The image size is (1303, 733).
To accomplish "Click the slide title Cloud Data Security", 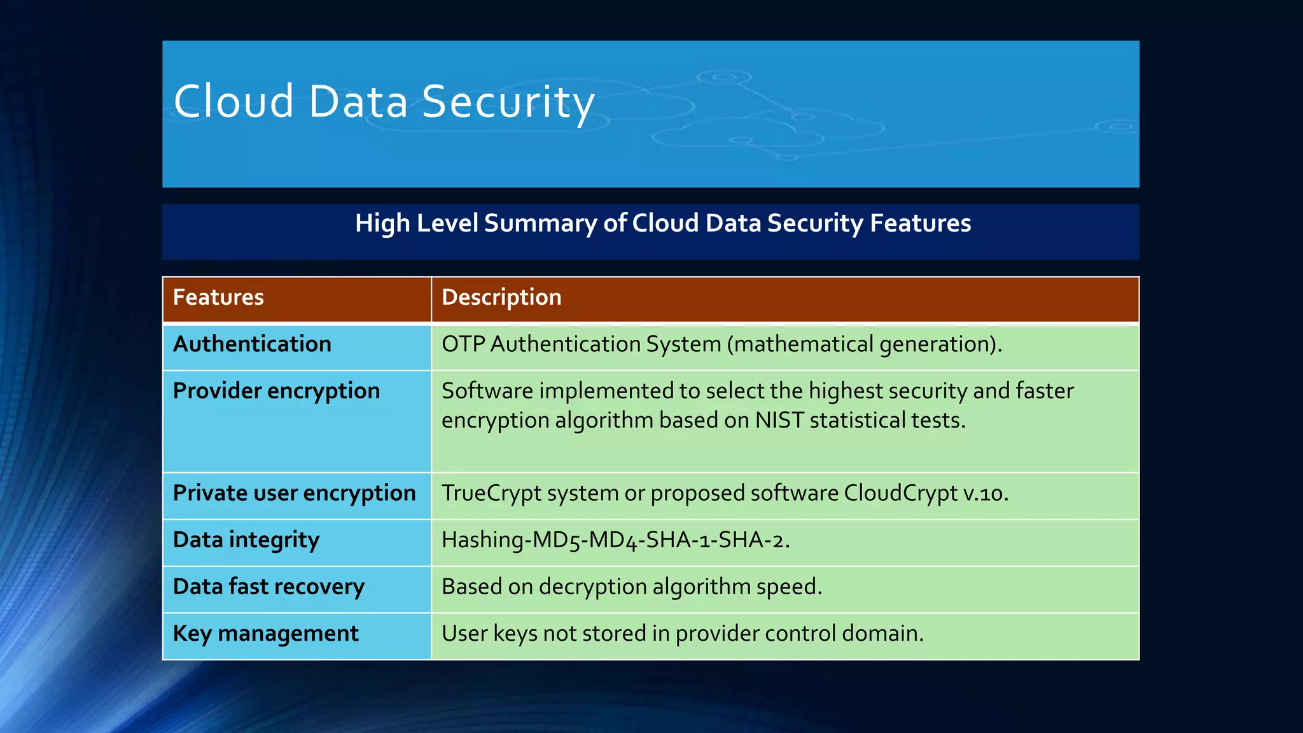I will [384, 102].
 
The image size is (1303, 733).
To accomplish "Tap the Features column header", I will [218, 297].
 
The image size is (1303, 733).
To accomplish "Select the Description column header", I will [501, 297].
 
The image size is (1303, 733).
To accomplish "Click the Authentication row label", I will [252, 344].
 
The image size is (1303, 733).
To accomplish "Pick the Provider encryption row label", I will [276, 391].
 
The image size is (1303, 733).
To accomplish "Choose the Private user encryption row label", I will [294, 493].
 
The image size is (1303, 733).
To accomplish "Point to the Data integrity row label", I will [246, 540].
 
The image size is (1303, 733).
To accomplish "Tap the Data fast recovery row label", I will [268, 587].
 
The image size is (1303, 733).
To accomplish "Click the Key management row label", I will [265, 634].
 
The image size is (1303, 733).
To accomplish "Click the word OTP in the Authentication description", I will [463, 344].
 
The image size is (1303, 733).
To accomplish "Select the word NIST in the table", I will [779, 421].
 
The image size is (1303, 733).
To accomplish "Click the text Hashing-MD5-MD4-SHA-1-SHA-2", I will [615, 540].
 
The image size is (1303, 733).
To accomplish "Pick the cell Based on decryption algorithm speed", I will [632, 587].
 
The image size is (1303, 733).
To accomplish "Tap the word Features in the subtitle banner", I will [920, 223].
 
